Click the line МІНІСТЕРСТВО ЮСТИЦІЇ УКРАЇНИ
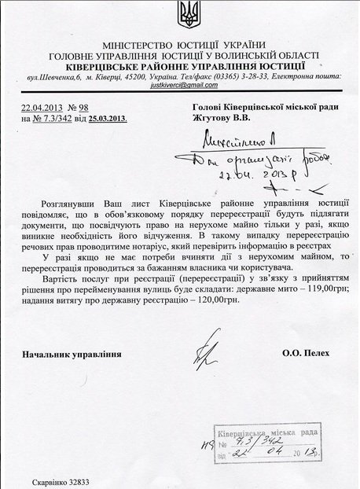click(x=180, y=45)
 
